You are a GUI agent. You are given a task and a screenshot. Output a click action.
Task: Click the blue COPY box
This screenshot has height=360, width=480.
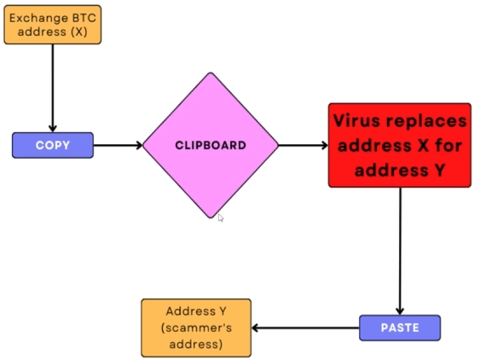(x=53, y=145)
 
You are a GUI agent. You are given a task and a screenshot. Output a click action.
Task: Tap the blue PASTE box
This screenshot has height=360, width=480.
(x=400, y=328)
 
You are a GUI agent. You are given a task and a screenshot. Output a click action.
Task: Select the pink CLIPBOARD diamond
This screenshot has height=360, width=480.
(x=211, y=145)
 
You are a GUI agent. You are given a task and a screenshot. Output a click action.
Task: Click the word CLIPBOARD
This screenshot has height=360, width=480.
(x=211, y=145)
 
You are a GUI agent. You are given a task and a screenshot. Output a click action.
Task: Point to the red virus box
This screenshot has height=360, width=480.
(x=400, y=145)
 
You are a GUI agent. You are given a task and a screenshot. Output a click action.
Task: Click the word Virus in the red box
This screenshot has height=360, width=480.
(x=357, y=120)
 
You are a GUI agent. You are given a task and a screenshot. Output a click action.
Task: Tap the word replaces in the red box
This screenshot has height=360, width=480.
(x=426, y=121)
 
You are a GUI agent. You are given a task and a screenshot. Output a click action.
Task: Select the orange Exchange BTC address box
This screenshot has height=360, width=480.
(x=53, y=25)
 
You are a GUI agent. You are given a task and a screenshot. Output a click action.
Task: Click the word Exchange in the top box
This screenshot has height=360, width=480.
(x=39, y=18)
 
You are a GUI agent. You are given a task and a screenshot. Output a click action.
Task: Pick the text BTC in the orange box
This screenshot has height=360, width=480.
(x=84, y=18)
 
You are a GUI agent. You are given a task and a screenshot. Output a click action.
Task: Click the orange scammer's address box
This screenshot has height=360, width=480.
(x=196, y=328)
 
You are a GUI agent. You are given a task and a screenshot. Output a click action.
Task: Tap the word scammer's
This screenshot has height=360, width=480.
(x=196, y=328)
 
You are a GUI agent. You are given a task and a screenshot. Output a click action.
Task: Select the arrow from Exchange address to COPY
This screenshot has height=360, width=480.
(x=53, y=88)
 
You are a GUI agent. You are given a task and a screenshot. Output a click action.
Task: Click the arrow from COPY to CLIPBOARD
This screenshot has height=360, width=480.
(x=119, y=145)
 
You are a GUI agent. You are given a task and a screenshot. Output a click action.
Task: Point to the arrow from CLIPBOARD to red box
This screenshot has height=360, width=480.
(x=303, y=145)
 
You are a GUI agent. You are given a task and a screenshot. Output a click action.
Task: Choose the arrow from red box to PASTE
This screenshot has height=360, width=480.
(x=400, y=252)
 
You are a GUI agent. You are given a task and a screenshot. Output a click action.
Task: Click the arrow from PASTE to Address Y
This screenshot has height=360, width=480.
(x=305, y=328)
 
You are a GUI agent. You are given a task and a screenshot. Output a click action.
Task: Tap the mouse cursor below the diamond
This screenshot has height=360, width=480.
(x=221, y=218)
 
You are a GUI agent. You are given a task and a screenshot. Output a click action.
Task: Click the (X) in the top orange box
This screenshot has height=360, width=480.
(x=79, y=32)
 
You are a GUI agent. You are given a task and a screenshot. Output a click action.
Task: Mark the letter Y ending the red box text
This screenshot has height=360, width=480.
(x=440, y=170)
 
